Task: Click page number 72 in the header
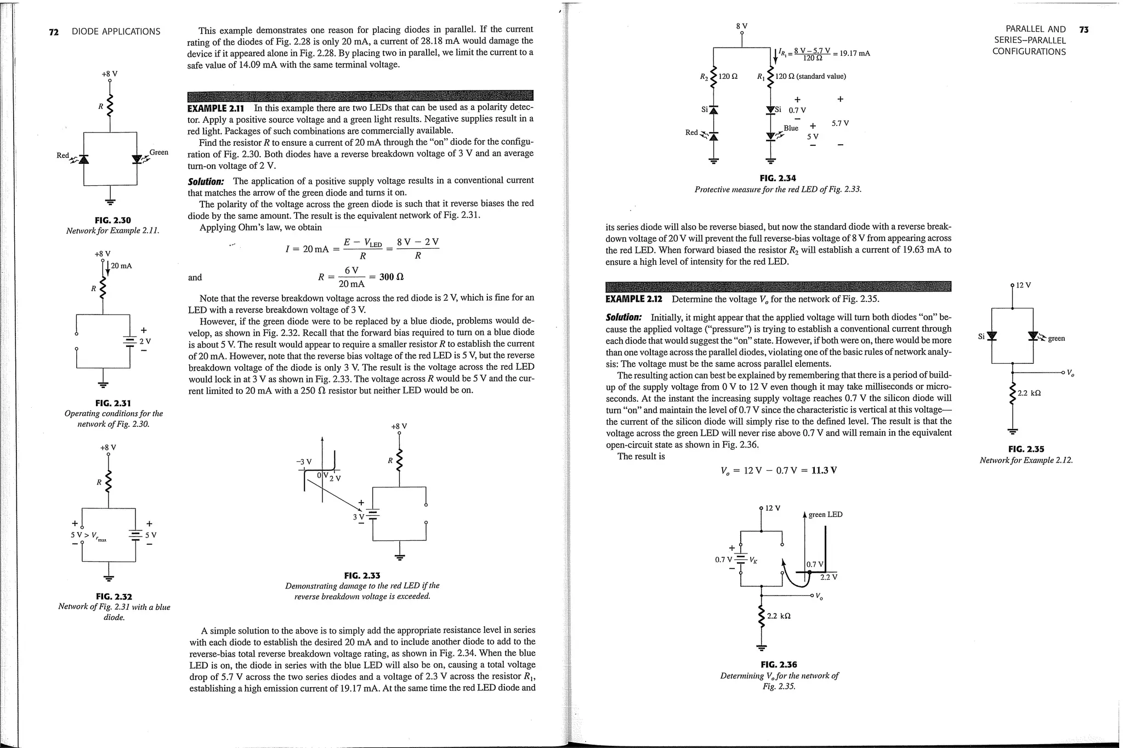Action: [x=54, y=32]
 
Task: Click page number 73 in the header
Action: [x=1084, y=30]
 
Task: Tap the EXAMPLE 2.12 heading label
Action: [x=634, y=299]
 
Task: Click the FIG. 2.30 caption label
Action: [x=113, y=220]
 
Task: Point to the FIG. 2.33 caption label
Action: [x=362, y=575]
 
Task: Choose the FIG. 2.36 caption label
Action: [x=779, y=665]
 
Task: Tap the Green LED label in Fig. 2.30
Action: [x=159, y=152]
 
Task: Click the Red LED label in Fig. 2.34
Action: [x=691, y=133]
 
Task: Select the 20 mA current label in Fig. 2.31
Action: [x=121, y=266]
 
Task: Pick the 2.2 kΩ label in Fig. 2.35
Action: [x=1029, y=393]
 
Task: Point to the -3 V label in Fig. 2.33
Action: [x=304, y=461]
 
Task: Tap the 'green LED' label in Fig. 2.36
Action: [x=825, y=515]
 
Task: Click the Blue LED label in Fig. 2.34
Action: [x=791, y=128]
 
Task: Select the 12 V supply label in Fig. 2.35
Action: [x=1023, y=285]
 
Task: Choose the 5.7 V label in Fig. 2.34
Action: [x=840, y=123]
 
